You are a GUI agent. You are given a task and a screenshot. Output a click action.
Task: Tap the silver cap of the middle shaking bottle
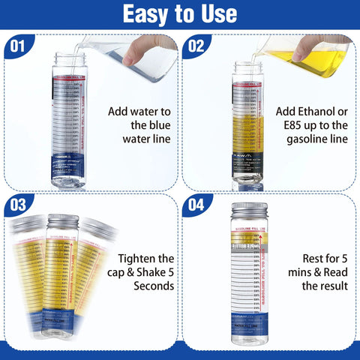[63, 223]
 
